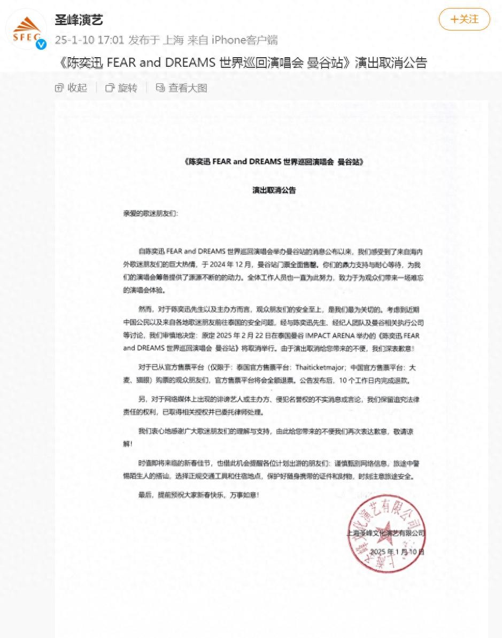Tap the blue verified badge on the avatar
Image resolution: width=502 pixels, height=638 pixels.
tap(41, 44)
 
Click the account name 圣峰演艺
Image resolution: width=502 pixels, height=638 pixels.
tap(79, 20)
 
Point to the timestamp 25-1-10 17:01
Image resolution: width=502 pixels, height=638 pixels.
tap(89, 40)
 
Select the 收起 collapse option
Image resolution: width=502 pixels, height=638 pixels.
tap(71, 88)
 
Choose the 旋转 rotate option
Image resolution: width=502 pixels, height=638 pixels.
tap(121, 88)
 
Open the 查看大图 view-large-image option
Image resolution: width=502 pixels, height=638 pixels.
tap(182, 88)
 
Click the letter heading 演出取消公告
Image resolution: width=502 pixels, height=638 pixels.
tap(274, 190)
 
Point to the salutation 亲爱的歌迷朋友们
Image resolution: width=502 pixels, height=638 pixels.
tap(150, 213)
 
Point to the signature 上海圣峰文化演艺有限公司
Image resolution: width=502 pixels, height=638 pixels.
tap(385, 533)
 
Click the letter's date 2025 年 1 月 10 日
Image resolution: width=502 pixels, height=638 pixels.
tap(397, 551)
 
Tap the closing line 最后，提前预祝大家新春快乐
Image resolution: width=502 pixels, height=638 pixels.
tap(198, 495)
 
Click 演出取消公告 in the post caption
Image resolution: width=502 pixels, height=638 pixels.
tap(391, 63)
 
